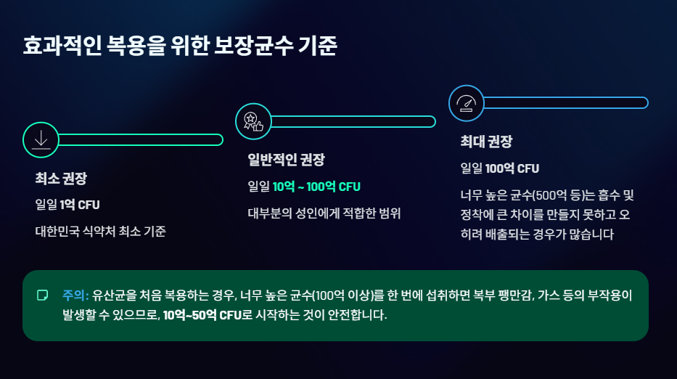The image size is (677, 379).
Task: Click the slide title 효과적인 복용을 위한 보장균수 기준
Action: click(x=180, y=46)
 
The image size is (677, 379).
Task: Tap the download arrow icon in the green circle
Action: click(x=41, y=139)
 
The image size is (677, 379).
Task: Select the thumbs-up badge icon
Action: click(x=253, y=121)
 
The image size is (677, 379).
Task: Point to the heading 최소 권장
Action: click(x=61, y=179)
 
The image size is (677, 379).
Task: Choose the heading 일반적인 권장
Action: click(x=286, y=160)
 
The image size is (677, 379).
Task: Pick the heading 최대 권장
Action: click(x=486, y=142)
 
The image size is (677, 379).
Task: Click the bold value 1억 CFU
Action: click(x=80, y=205)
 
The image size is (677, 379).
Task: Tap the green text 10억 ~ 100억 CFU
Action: click(x=316, y=187)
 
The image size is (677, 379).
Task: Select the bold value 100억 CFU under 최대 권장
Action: click(x=512, y=168)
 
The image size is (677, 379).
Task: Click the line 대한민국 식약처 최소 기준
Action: click(x=101, y=232)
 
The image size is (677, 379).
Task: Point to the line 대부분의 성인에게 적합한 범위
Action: click(x=324, y=213)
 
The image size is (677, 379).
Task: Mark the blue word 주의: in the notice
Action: click(x=75, y=296)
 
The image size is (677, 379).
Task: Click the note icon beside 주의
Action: click(x=42, y=296)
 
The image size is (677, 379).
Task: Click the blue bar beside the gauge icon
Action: click(x=566, y=103)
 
